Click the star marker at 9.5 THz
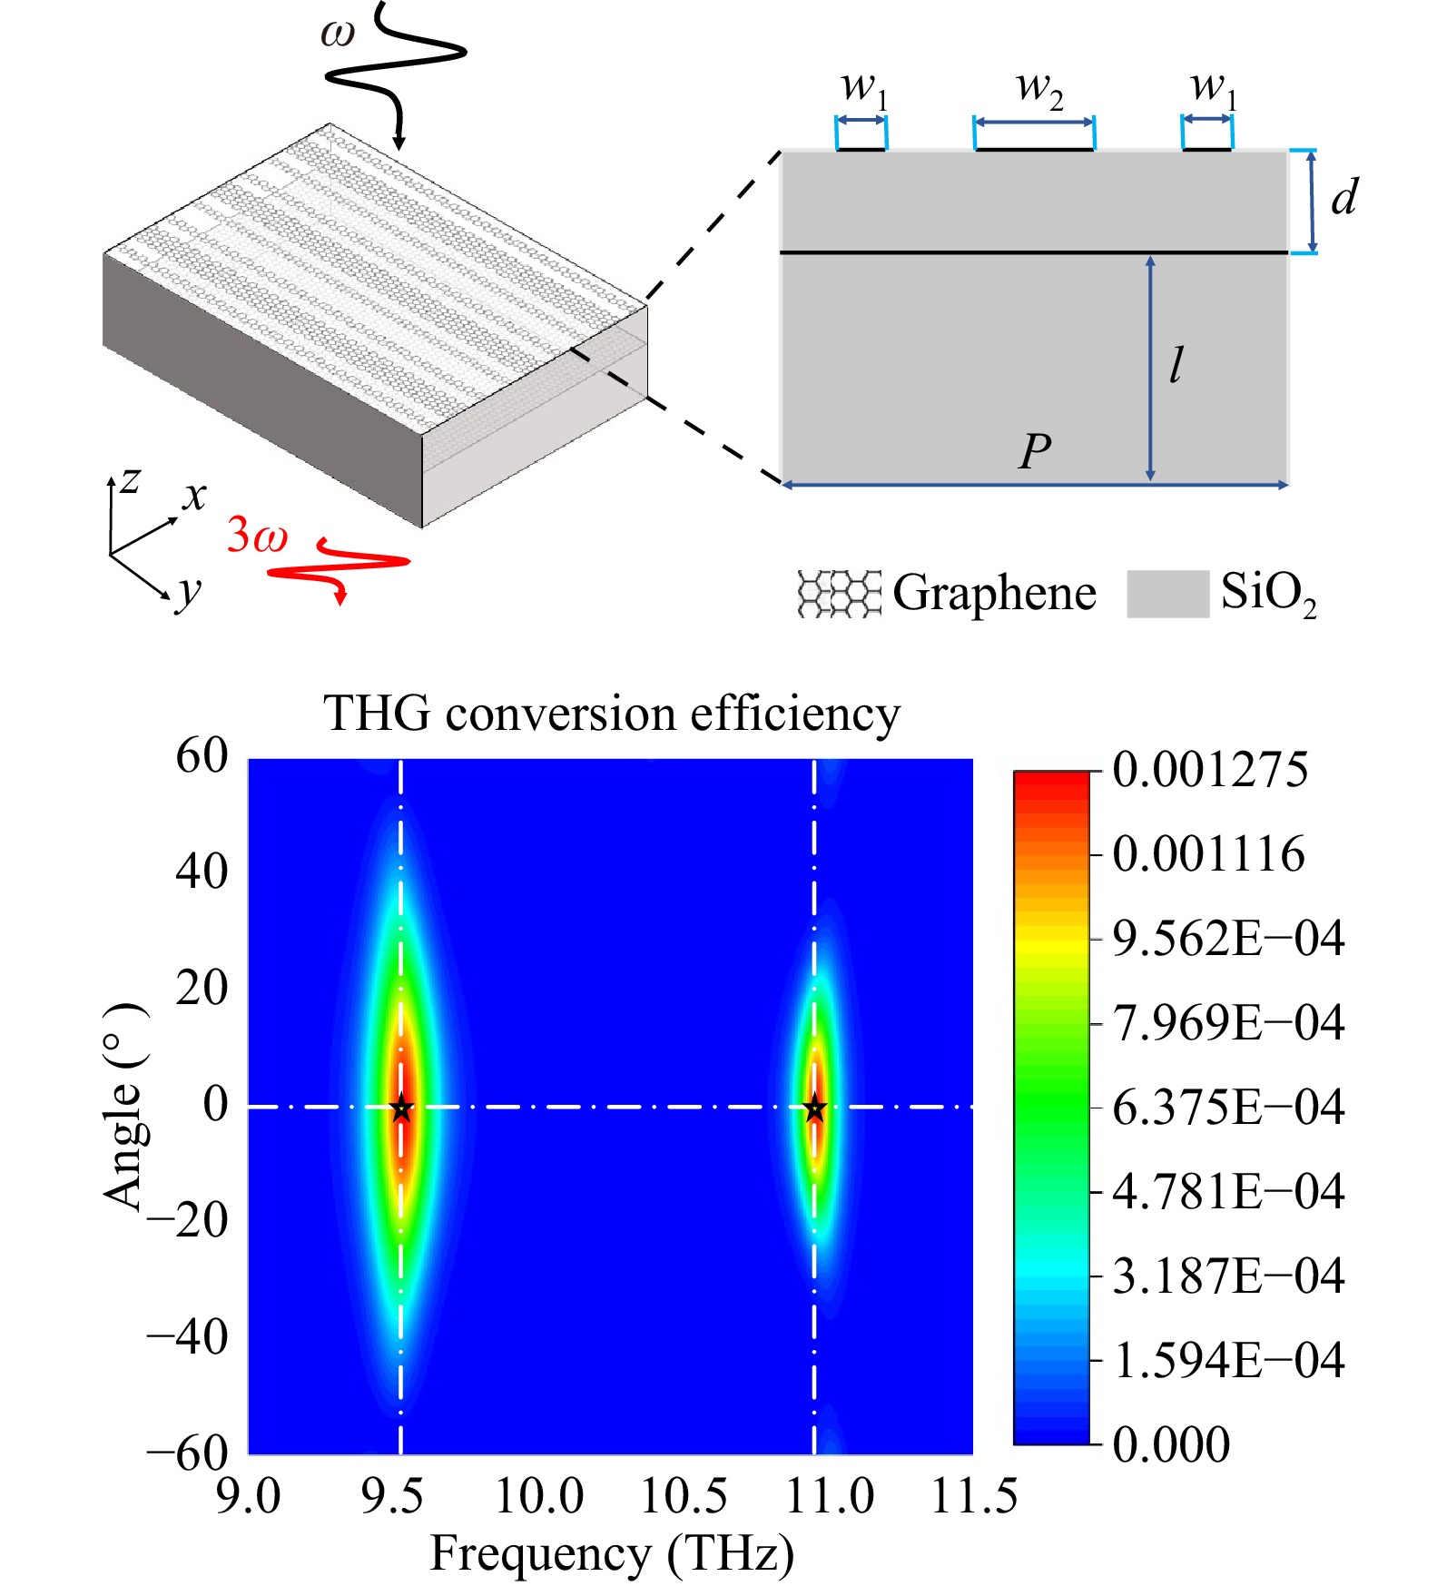[x=401, y=1108]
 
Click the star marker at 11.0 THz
[x=814, y=1108]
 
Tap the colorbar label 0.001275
[x=1209, y=770]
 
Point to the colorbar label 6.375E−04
[x=1227, y=1108]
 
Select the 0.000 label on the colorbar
[x=1171, y=1444]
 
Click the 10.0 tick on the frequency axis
[x=539, y=1496]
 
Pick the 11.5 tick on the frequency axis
[x=974, y=1496]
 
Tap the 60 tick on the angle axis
[x=202, y=755]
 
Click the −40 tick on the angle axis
[x=188, y=1336]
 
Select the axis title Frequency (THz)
[x=612, y=1553]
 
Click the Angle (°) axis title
[x=125, y=1107]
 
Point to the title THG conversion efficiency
[x=612, y=714]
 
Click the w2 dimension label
[x=1038, y=89]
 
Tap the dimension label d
[x=1344, y=197]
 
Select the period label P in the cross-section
[x=1035, y=451]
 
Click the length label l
[x=1176, y=365]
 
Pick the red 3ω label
[x=257, y=535]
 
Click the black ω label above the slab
[x=338, y=34]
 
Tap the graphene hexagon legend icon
[x=839, y=594]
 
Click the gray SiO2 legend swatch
[x=1167, y=594]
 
